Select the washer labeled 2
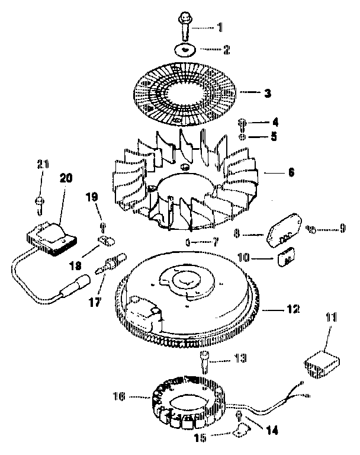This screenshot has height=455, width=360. [186, 50]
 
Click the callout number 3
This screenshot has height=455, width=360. [268, 93]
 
